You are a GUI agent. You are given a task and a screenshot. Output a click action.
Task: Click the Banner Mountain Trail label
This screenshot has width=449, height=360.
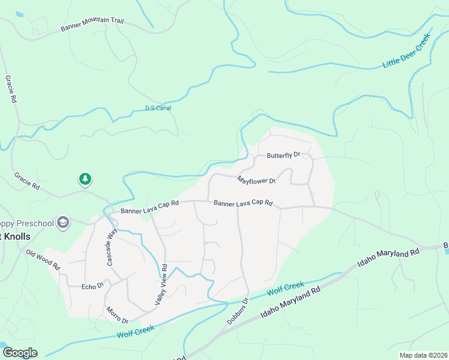tap(92, 25)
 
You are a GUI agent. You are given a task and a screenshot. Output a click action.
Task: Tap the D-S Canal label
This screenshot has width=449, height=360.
tap(158, 108)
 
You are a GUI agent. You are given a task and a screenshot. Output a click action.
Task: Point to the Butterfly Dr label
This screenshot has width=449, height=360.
tap(283, 155)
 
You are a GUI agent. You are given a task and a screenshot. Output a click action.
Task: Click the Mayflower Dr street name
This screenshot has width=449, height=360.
tap(256, 180)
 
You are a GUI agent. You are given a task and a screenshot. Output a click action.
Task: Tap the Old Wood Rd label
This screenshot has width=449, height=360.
tap(43, 258)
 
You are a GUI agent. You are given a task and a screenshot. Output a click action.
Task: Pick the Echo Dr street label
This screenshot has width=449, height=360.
tap(93, 287)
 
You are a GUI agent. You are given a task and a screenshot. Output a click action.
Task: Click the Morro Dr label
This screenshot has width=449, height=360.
tap(116, 315)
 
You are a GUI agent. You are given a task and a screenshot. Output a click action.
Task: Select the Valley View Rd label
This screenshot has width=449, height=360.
tap(160, 286)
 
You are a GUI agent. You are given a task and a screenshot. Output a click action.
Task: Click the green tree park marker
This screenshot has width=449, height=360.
tap(85, 178)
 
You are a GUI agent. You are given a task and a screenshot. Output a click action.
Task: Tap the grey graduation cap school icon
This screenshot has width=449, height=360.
tap(62, 223)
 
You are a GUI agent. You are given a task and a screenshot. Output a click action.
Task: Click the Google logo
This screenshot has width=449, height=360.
tap(20, 353)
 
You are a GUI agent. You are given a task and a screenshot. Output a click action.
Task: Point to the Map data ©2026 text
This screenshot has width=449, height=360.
tap(423, 355)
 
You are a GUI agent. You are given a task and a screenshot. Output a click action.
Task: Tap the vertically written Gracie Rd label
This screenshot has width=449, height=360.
tap(10, 89)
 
